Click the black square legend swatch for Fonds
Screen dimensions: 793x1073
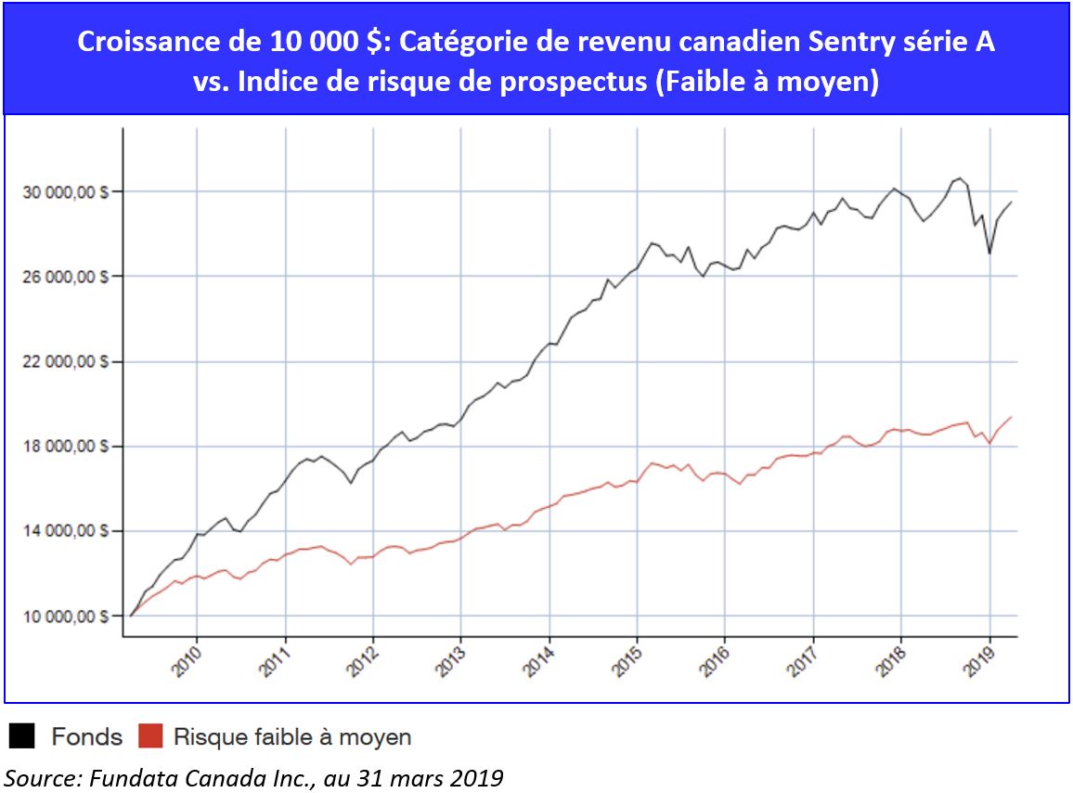click(22, 737)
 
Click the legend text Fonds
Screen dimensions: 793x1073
click(86, 737)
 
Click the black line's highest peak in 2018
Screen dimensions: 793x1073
click(960, 178)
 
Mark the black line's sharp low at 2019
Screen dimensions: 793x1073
click(990, 253)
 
